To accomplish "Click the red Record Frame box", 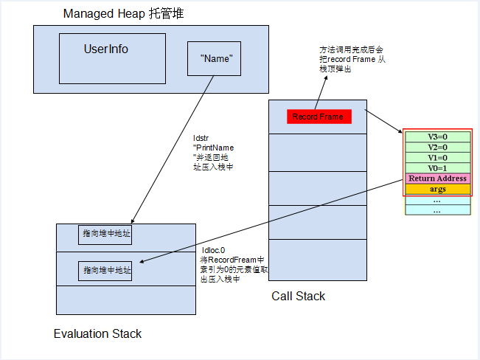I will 318,117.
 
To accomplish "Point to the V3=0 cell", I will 437,136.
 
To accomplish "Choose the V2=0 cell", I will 437,147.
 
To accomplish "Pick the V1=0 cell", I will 437,157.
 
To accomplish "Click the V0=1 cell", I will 437,167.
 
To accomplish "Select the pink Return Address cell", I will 437,179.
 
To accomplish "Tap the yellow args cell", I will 437,190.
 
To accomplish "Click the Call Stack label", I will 298,296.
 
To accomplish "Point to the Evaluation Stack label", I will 97,333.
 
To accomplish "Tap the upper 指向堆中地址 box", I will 106,234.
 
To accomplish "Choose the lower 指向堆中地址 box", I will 106,271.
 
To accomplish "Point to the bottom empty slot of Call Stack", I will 317,260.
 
